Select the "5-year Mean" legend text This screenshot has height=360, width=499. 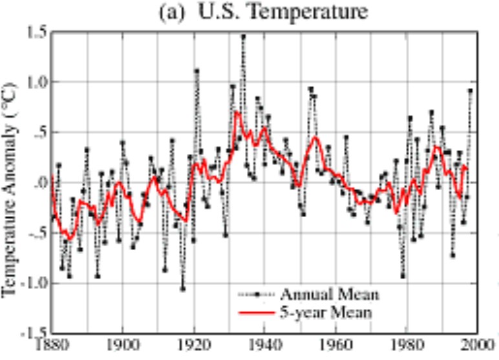(327, 314)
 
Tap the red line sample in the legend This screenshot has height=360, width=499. (255, 314)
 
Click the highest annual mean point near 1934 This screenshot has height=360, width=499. (243, 37)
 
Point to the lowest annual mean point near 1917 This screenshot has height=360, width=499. (183, 288)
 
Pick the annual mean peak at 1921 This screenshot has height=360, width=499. (196, 71)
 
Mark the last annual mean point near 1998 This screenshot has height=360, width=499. (470, 91)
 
